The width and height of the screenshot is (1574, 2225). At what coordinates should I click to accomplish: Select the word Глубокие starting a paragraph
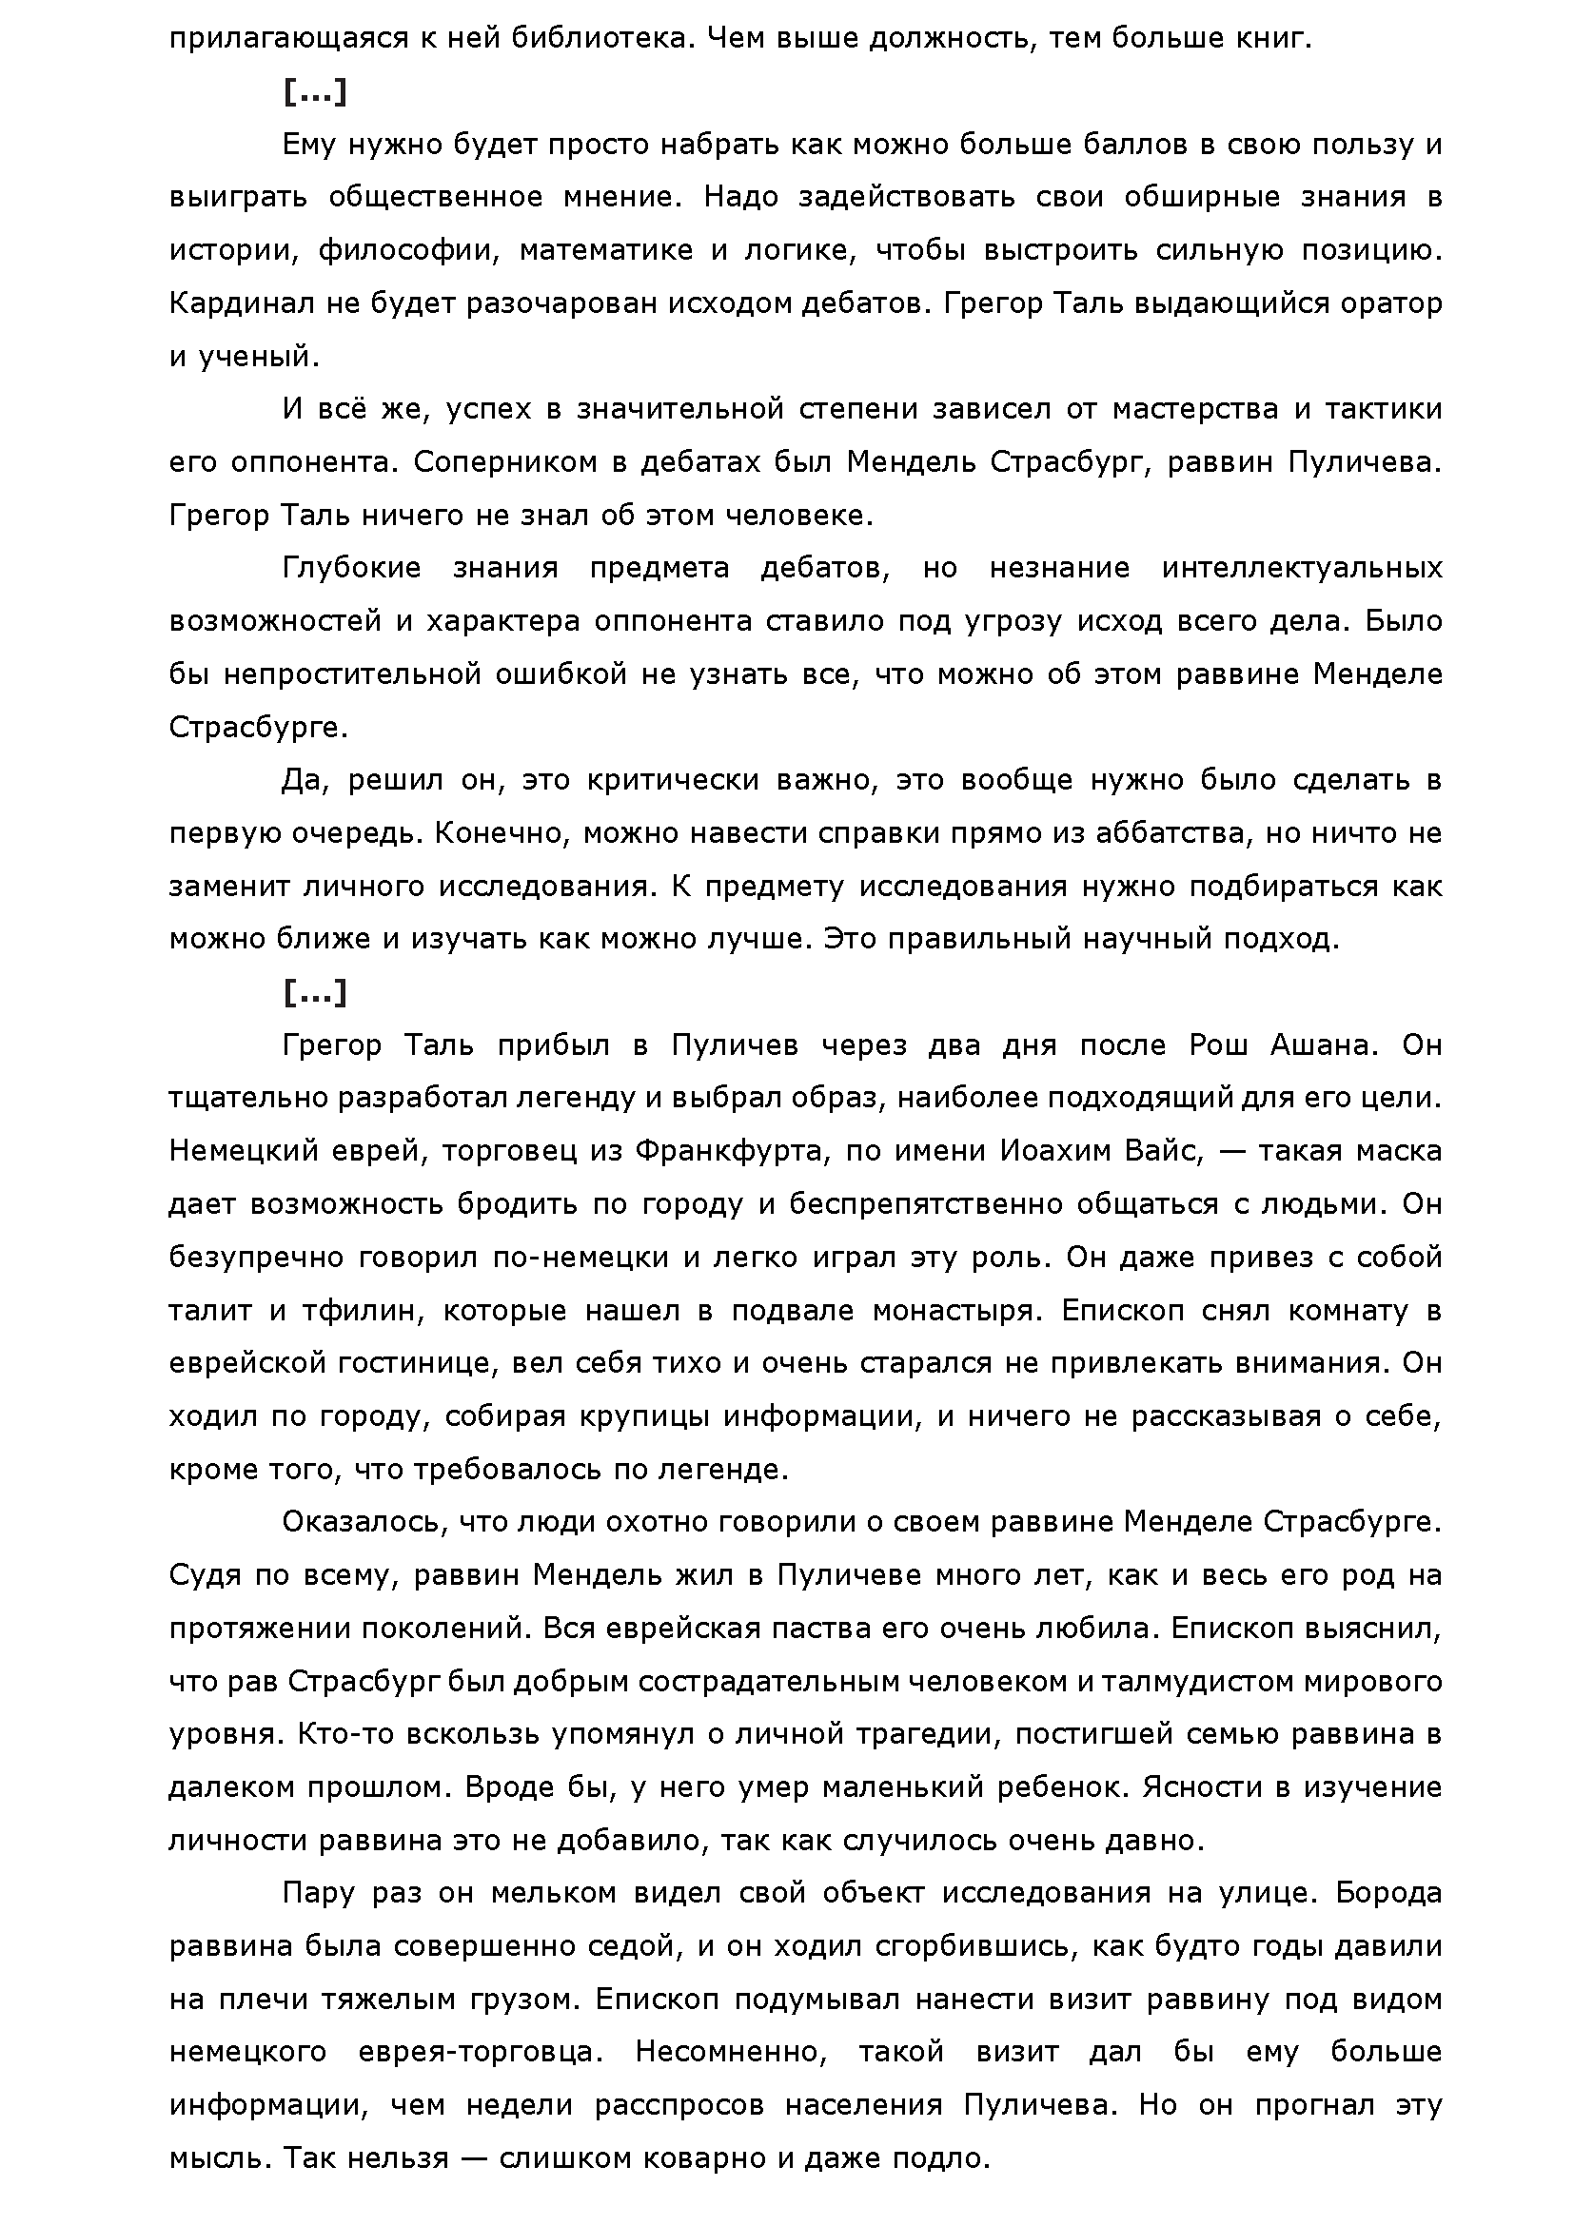351,568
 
